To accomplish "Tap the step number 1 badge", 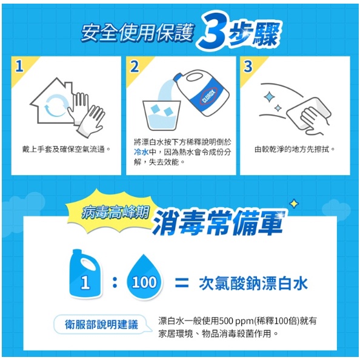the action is click(x=19, y=66).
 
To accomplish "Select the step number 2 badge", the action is click(x=135, y=66).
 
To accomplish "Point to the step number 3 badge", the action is click(x=248, y=66).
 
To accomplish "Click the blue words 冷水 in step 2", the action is click(x=141, y=152).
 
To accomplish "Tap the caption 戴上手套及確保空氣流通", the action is click(x=66, y=150).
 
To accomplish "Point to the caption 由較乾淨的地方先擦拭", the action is click(x=295, y=150).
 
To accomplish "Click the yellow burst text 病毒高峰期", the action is click(x=115, y=212).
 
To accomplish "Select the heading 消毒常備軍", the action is click(x=218, y=223).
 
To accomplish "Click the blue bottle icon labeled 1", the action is click(x=85, y=274).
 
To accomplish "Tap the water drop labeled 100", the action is click(x=144, y=278).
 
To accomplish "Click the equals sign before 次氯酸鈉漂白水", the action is click(x=182, y=283).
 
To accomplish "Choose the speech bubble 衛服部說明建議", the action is click(x=102, y=325).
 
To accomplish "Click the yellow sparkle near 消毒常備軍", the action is click(x=294, y=204).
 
